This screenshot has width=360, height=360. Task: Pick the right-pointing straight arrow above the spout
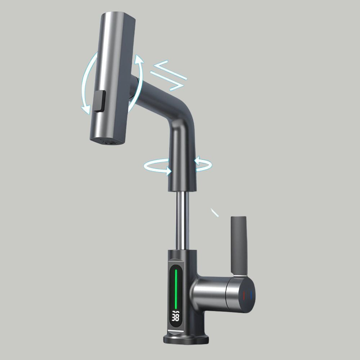tap(167, 81)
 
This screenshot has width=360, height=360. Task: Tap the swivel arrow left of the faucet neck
tap(158, 166)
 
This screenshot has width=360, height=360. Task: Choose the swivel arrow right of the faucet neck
tap(203, 164)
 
